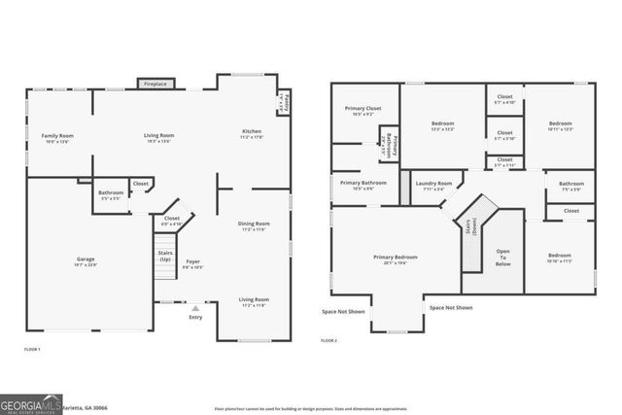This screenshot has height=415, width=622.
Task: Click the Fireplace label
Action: (x=155, y=85)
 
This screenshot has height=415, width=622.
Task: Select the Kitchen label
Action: (x=252, y=131)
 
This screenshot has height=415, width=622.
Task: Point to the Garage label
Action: (x=86, y=259)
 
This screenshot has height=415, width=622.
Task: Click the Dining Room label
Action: (x=254, y=225)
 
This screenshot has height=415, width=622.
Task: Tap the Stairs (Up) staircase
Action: (x=163, y=258)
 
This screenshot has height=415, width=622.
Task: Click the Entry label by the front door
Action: (x=195, y=317)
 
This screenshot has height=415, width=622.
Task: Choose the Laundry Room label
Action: (x=433, y=183)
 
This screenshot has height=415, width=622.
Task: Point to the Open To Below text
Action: (x=503, y=257)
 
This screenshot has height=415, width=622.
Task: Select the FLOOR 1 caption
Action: (x=32, y=348)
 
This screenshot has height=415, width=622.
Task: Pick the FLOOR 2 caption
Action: (x=329, y=340)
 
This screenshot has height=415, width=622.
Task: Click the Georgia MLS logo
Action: (x=29, y=401)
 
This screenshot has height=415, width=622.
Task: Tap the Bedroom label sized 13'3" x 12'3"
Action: (x=443, y=124)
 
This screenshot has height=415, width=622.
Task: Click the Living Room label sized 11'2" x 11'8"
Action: (x=254, y=300)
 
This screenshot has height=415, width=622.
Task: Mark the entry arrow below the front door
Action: (x=195, y=308)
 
